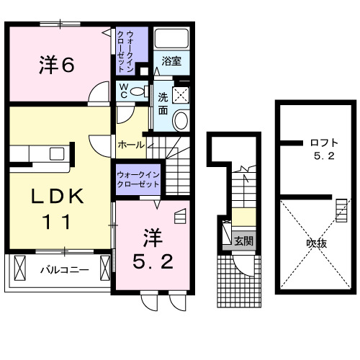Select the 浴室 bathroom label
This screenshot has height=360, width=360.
click(171, 61)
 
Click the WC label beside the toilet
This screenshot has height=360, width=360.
click(123, 91)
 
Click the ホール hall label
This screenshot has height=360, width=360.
click(130, 145)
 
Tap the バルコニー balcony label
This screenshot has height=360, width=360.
click(64, 271)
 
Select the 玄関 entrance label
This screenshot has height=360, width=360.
click(243, 241)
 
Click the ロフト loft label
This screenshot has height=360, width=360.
click(318, 142)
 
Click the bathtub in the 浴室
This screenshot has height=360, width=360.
click(171, 40)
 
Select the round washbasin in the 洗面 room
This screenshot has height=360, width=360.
click(182, 120)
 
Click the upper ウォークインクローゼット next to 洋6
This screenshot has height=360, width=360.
click(132, 50)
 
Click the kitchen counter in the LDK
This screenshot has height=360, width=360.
click(40, 153)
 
